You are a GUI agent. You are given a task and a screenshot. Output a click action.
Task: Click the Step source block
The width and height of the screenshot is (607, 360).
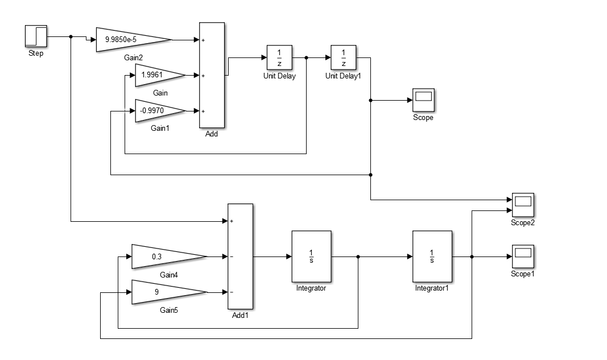[x=36, y=36]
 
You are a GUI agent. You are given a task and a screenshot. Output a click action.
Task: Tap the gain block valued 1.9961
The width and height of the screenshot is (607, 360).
[x=160, y=75]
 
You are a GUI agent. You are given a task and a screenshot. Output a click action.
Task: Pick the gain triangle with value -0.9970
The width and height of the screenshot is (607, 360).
[x=160, y=111]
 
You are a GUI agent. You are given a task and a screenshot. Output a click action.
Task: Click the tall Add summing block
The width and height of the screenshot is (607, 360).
[x=212, y=75]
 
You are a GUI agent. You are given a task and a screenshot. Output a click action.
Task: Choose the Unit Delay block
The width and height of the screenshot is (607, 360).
[x=279, y=57]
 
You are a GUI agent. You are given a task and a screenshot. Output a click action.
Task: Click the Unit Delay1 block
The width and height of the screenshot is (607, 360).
[x=344, y=57]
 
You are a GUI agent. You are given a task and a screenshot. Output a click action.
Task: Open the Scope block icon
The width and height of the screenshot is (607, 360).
[x=423, y=100]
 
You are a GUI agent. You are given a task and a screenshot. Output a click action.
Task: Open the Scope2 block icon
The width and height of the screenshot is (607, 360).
[x=523, y=205]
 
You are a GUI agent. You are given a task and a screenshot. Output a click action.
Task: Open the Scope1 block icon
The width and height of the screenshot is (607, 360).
[x=523, y=256]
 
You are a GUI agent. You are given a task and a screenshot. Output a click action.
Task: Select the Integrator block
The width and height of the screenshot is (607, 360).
[x=311, y=256]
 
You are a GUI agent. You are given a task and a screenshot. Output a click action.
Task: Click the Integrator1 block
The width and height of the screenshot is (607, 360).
[x=432, y=256]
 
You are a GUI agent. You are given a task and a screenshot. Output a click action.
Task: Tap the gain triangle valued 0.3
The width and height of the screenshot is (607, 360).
[x=169, y=256]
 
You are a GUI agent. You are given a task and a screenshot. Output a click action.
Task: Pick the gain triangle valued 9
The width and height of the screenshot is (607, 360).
[x=169, y=292]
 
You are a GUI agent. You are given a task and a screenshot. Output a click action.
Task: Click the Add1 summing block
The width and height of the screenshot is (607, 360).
[x=241, y=256]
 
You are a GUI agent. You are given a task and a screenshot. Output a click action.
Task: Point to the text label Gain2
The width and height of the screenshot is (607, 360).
[x=134, y=57]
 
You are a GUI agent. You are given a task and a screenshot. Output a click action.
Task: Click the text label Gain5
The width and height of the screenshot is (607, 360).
[x=169, y=310]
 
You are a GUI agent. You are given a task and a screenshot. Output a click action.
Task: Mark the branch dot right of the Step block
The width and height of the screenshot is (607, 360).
[x=71, y=37]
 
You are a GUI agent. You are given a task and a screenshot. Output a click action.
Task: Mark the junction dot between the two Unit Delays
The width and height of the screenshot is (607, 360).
[x=306, y=57]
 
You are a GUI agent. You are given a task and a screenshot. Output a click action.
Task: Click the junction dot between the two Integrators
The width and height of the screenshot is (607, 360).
[x=358, y=256]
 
